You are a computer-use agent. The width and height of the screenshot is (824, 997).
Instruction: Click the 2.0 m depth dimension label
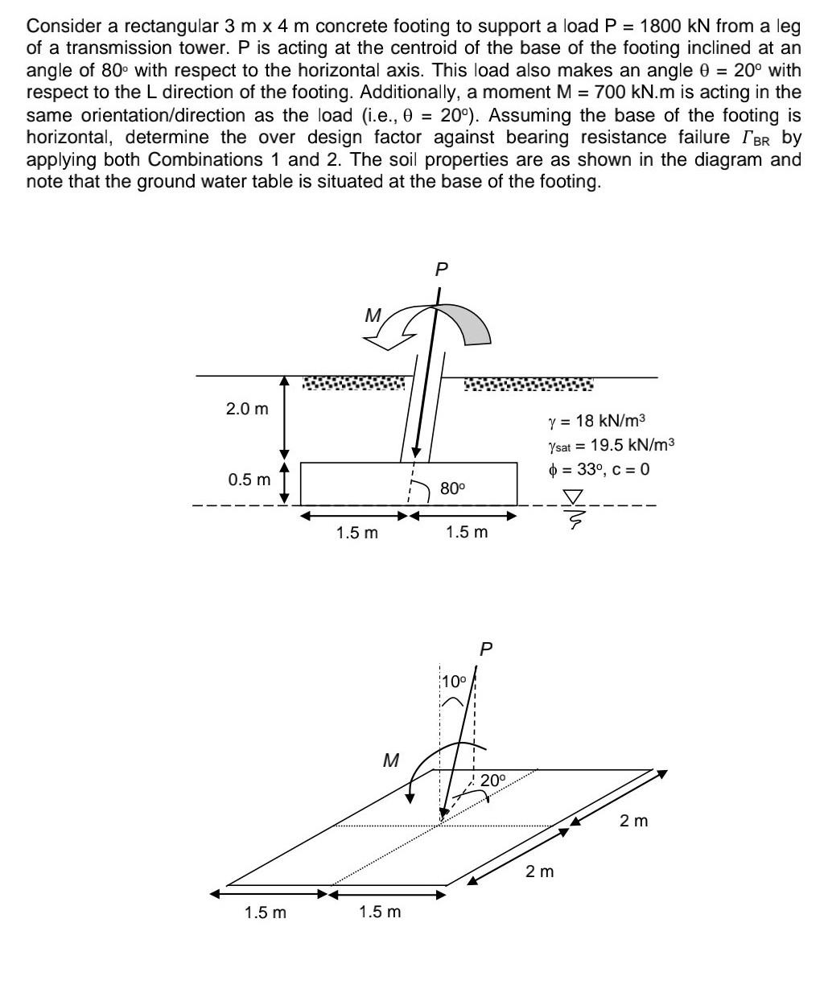(247, 409)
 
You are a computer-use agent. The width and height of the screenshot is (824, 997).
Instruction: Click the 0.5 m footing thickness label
(249, 480)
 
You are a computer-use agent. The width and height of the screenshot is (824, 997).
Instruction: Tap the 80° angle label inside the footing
(452, 488)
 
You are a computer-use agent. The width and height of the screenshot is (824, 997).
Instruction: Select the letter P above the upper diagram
(440, 270)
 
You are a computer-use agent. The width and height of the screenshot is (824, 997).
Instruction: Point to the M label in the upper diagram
(373, 316)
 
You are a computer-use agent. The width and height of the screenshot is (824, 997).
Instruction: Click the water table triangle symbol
(573, 496)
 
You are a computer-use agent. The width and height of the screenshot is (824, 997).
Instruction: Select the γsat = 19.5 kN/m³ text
(611, 445)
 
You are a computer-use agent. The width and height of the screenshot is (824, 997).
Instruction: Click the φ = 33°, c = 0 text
(598, 469)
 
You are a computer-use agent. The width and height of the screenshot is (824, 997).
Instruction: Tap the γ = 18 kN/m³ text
(596, 421)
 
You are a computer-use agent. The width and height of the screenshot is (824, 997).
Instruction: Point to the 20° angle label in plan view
(493, 780)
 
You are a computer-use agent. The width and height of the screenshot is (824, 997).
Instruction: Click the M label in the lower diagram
(391, 760)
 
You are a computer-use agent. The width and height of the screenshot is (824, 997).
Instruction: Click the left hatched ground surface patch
(353, 383)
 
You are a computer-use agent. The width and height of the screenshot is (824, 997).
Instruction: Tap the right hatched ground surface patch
(529, 385)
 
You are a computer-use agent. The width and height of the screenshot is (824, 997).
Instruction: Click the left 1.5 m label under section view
(356, 533)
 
